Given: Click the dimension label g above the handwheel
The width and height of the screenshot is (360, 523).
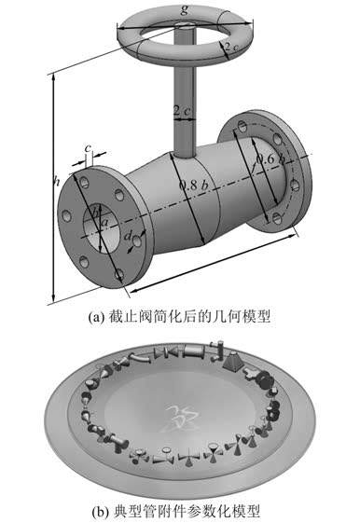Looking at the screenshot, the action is [184, 9].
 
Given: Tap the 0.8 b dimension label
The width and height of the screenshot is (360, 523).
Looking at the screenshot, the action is [193, 186].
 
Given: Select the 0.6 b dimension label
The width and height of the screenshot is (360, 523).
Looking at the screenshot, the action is [270, 159].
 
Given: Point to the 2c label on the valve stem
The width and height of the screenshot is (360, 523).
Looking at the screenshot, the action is [183, 110].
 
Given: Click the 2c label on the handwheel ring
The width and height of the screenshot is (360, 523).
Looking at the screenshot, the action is [231, 47].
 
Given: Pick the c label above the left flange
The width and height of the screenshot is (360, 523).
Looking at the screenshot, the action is [88, 147].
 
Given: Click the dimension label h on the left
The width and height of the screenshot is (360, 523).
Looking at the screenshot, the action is [56, 181].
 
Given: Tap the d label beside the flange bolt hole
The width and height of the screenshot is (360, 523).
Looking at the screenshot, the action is [128, 236].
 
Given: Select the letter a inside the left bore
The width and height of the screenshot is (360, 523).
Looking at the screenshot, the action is [104, 221].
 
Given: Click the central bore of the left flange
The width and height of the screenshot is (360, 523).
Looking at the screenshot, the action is [101, 227].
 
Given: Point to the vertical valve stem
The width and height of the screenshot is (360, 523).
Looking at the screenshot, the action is [184, 97].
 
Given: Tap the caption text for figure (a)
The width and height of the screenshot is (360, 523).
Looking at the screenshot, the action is [179, 316].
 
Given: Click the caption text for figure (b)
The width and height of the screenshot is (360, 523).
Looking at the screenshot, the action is [176, 511].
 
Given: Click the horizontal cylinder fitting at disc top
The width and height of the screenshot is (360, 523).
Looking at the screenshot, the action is [194, 351].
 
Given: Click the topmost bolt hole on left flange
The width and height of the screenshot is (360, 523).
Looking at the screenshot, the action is [85, 182].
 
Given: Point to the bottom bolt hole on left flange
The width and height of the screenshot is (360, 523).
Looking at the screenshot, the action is [119, 274].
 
